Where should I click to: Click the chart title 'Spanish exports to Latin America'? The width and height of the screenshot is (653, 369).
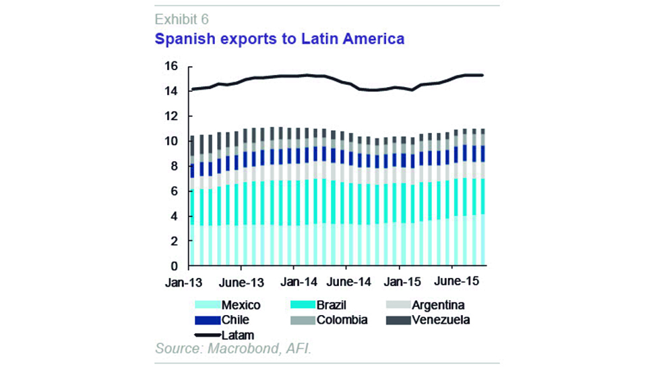280,39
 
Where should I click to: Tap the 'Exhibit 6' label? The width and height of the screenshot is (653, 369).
181,18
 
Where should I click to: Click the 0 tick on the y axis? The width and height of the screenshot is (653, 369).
173,266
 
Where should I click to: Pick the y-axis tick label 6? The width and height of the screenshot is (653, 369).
173,192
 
